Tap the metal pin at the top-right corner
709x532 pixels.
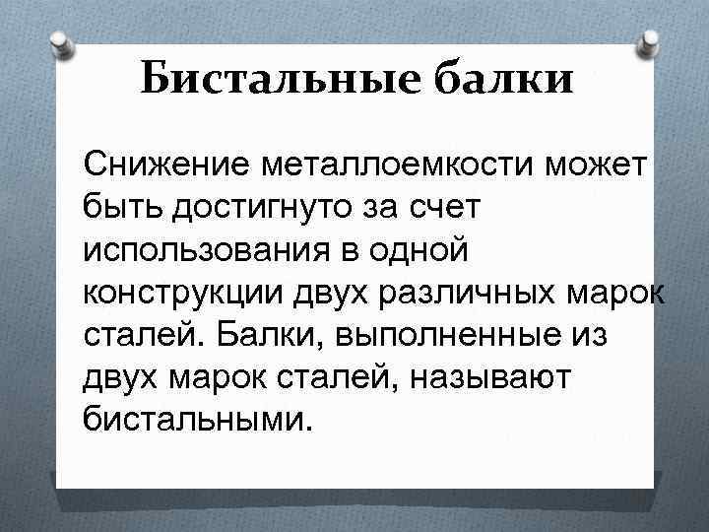click(x=651, y=41)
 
